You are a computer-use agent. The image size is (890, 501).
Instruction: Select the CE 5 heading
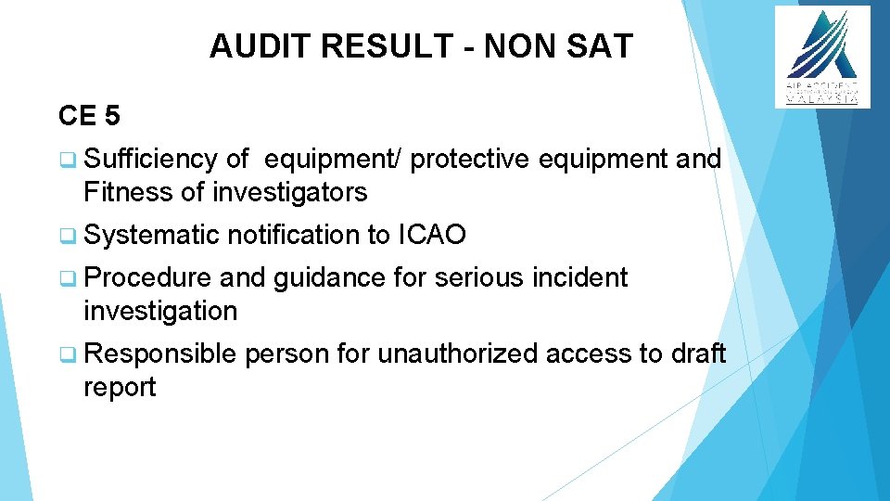[x=88, y=116]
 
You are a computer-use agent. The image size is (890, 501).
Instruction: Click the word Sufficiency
[x=150, y=160]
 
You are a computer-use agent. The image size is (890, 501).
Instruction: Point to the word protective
[x=469, y=160]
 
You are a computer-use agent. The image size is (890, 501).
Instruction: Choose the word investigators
[x=290, y=192]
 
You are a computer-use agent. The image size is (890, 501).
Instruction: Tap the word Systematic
[x=151, y=236]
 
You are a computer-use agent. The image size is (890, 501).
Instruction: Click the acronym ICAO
[x=431, y=236]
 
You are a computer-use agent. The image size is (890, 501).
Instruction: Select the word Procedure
[x=148, y=277]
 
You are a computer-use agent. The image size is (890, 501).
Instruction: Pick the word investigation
[x=160, y=311]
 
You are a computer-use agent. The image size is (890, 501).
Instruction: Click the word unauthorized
[x=458, y=353]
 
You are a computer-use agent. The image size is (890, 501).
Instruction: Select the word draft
[x=695, y=353]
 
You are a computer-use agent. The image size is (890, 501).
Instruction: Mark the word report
[x=120, y=387]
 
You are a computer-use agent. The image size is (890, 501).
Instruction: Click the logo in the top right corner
[x=822, y=56]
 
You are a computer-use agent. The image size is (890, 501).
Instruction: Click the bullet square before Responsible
[x=66, y=354]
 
